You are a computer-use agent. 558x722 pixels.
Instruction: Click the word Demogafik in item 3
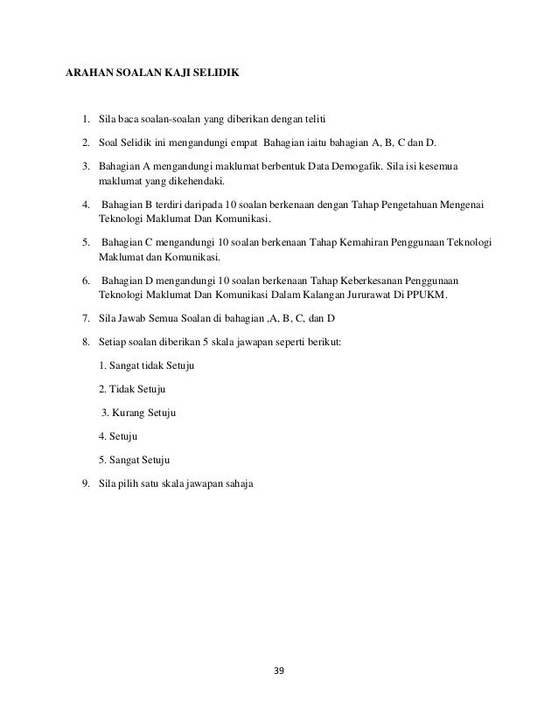point(371,163)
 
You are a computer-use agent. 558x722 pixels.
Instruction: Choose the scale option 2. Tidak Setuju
point(133,389)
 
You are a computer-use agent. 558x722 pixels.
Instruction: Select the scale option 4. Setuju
point(119,435)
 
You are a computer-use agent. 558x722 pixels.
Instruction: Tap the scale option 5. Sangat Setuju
point(135,459)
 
